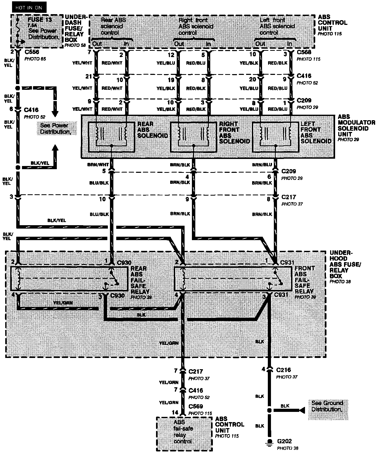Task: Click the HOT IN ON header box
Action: point(29,8)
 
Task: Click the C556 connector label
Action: point(32,52)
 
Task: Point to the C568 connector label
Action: point(304,52)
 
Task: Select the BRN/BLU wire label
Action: point(262,165)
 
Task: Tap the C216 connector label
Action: point(284,370)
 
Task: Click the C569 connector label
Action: point(196,407)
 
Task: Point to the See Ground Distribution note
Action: point(327,406)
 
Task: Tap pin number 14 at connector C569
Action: point(175,412)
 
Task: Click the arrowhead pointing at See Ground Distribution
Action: point(302,410)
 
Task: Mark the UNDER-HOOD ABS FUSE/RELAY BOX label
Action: point(345,264)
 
